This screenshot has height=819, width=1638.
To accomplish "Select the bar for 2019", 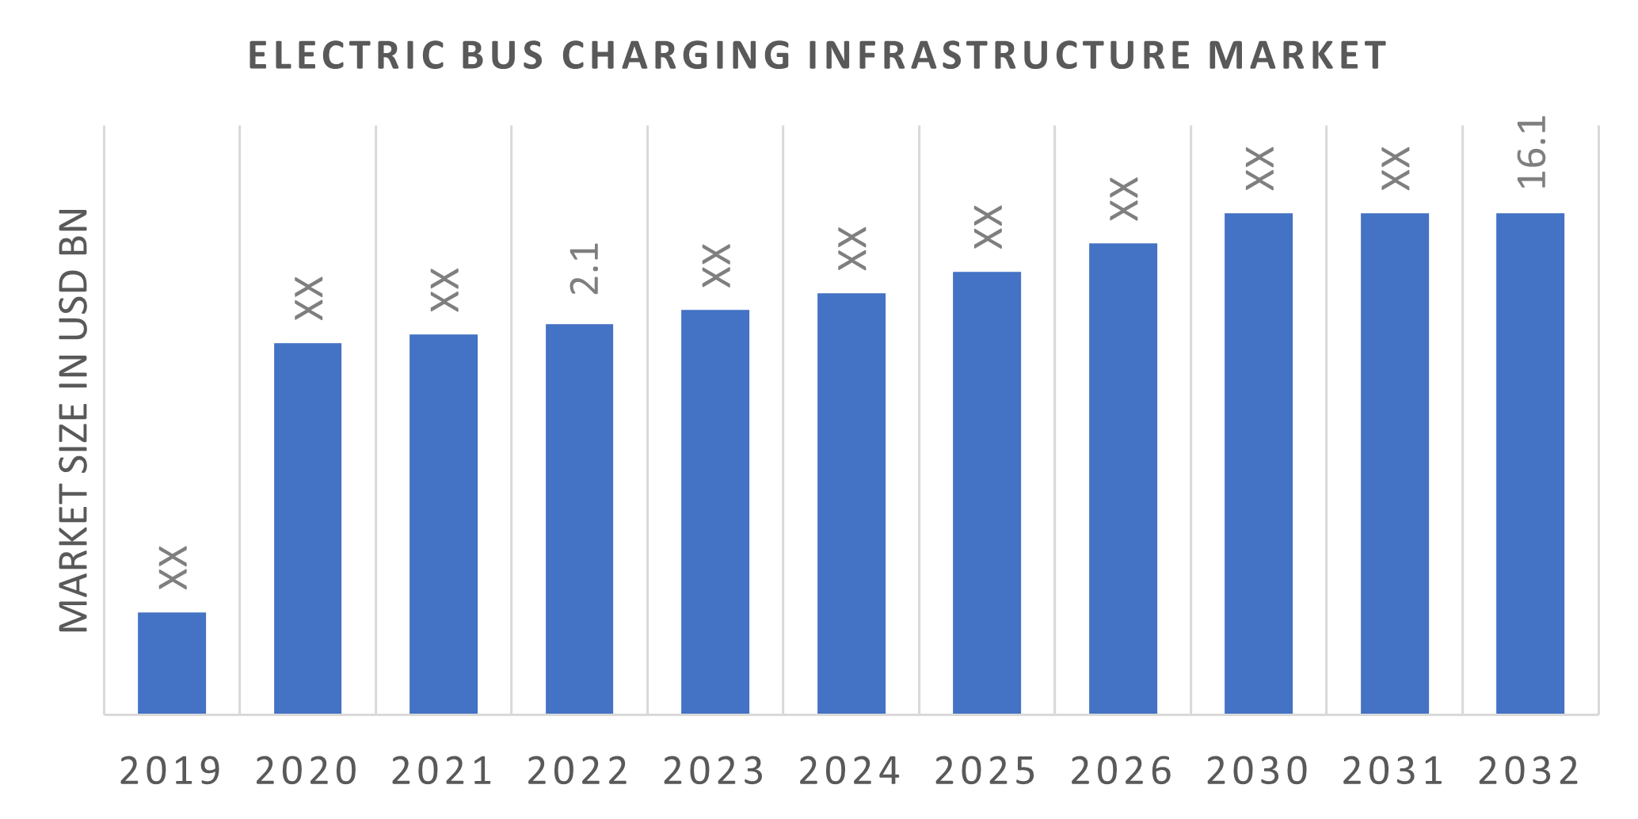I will (x=172, y=663).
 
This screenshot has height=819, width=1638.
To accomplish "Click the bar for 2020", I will (x=308, y=528).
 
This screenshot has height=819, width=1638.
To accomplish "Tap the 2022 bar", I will (x=580, y=519).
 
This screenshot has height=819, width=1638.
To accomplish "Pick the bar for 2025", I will (x=987, y=493).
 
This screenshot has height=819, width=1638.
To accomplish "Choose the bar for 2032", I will (x=1530, y=463).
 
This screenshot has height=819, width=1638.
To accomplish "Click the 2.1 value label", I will (x=585, y=269).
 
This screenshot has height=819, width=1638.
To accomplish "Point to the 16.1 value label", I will (x=1532, y=152).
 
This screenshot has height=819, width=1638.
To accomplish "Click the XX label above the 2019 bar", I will (x=173, y=567).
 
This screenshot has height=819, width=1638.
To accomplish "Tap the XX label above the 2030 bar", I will (x=1259, y=168).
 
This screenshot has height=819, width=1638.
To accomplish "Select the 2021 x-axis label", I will (x=443, y=771).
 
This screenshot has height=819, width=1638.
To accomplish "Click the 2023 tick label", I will (x=714, y=771).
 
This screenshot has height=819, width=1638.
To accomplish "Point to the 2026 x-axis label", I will (x=1122, y=771).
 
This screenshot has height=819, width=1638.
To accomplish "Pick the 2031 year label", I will (x=1393, y=771).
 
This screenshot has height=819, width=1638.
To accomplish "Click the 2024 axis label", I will (x=850, y=771).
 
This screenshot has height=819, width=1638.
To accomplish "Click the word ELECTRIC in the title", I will (x=346, y=55).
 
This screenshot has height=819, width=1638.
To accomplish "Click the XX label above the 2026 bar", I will (x=1124, y=198).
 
